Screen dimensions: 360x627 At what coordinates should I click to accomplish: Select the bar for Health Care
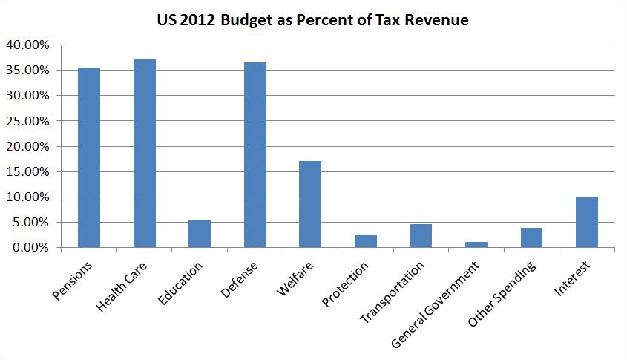click(x=144, y=153)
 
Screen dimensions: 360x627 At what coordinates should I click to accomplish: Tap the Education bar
click(x=200, y=233)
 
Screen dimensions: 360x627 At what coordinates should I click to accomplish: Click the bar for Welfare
click(x=310, y=204)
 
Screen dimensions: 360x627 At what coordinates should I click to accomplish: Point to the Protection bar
click(x=365, y=240)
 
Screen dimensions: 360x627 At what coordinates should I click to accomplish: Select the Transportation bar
click(x=421, y=235)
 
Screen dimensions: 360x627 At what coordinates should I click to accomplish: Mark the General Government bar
click(x=476, y=244)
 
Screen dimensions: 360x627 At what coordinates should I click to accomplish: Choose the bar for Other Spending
click(x=531, y=238)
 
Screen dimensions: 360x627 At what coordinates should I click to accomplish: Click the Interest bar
click(x=586, y=222)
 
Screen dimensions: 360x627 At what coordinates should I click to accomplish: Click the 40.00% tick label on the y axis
click(x=28, y=45)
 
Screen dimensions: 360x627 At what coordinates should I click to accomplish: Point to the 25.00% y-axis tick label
click(x=28, y=121)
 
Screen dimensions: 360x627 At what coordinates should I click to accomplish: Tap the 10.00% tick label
click(x=28, y=197)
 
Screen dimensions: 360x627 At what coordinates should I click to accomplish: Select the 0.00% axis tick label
click(x=31, y=247)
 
